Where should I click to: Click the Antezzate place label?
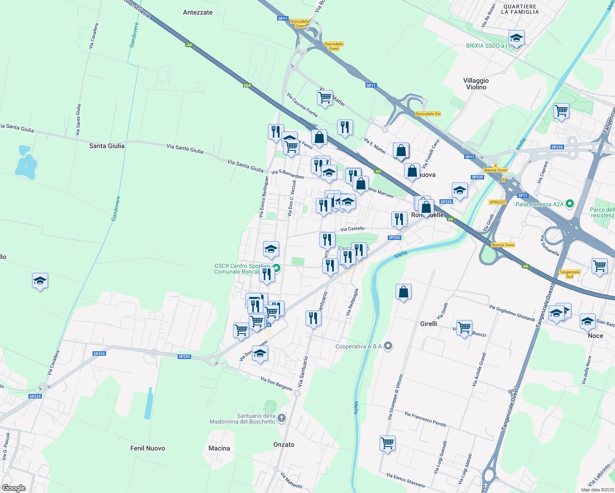point(198,12)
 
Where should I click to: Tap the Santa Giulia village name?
point(106,146)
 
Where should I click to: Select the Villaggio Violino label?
point(476,84)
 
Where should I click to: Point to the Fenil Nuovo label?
point(148,448)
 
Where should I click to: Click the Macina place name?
point(219,448)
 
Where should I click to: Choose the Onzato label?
point(284,445)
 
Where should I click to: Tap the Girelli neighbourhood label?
point(428,324)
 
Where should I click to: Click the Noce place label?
point(595,336)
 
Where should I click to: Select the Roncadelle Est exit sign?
point(428,114)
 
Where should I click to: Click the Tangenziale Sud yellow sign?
point(569,274)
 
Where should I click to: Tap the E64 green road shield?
point(247,85)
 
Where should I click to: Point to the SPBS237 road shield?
point(497,202)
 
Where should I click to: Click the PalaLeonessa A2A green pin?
point(569,203)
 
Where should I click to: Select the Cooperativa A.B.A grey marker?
point(388,346)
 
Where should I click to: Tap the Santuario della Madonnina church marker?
point(281,418)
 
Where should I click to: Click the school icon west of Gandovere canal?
point(40,281)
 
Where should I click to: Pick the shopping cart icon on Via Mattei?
point(325,98)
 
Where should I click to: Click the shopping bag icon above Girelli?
point(403,292)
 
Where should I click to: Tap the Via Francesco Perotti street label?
point(425,419)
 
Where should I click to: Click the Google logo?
point(14,488)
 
